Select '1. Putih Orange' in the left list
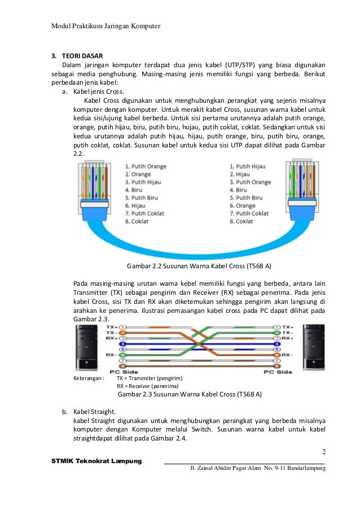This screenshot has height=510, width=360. (145, 167)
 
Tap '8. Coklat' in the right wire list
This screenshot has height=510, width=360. (242, 221)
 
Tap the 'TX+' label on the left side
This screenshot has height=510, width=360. (111, 327)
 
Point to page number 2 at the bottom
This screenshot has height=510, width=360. (324, 452)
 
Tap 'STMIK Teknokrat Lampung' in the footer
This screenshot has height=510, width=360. (96, 461)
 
